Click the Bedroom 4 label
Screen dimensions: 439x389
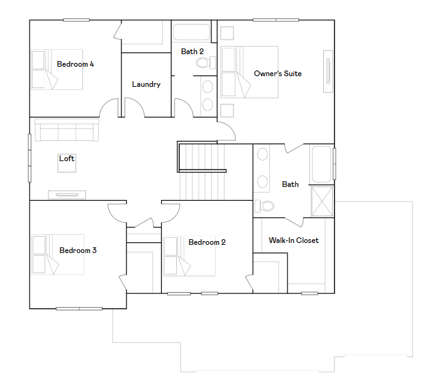coord(75,64)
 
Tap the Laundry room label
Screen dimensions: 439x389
coord(146,84)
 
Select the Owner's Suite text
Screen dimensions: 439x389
coord(278,74)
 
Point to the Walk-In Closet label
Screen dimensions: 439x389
coord(294,240)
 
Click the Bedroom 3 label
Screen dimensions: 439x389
coord(78,251)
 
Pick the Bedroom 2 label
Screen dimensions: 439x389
coord(207,242)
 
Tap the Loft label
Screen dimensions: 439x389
coord(67,159)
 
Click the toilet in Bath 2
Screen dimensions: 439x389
coord(206,62)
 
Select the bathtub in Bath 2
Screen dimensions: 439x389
coord(191,32)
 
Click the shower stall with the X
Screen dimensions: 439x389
coord(322,201)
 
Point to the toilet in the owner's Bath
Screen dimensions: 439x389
coord(264,206)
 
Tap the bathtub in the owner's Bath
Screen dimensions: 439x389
coord(321,164)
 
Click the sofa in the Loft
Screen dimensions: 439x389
coord(67,130)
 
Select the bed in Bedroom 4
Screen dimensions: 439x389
coord(57,69)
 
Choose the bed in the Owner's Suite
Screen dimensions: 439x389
coord(249,72)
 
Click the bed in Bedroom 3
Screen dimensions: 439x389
coord(58,254)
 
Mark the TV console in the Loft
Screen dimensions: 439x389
coord(67,194)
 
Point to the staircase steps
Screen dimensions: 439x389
coord(202,171)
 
